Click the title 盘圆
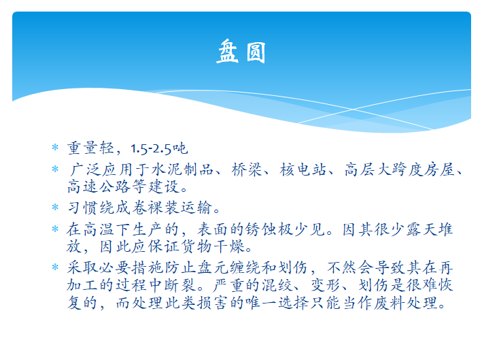241,52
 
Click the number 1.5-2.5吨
159,148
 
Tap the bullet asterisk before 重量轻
55,148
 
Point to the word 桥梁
247,169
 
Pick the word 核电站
303,169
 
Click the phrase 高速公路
99,186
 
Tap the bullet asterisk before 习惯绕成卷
55,207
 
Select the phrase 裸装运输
180,208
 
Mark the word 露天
422,229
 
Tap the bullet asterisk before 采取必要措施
55,267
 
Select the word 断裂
180,285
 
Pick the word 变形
326,285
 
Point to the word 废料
390,303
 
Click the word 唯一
261,303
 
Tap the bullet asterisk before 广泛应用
55,169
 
